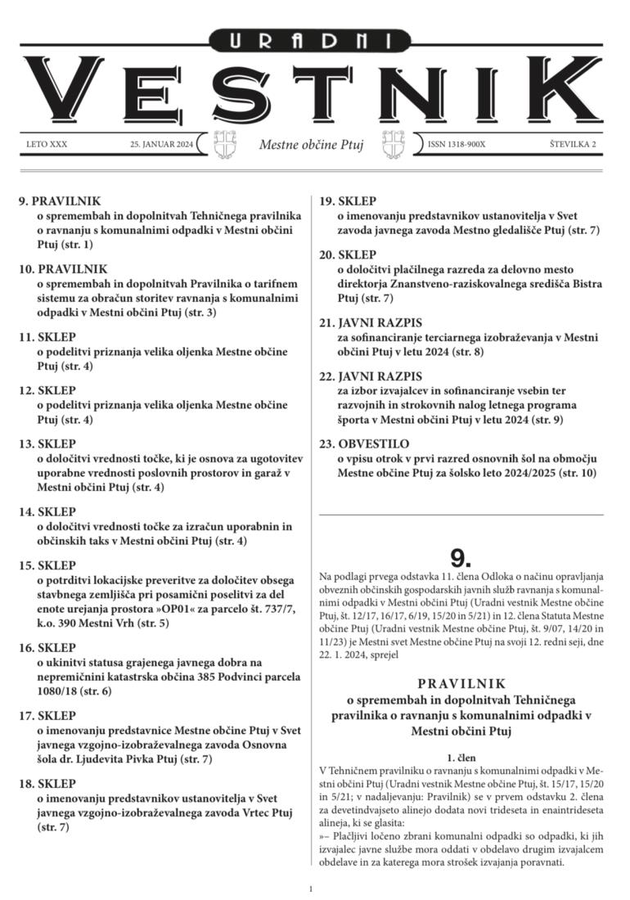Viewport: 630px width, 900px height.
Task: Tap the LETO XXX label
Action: [47, 145]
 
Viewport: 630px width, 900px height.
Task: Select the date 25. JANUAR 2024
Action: [161, 145]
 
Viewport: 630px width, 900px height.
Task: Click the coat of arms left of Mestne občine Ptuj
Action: [225, 145]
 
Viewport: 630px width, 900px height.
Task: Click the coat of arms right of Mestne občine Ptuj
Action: [403, 145]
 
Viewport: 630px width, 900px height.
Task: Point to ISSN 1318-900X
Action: [456, 145]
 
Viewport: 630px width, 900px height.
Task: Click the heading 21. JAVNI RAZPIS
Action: [371, 323]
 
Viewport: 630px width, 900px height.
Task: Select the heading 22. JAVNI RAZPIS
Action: [371, 377]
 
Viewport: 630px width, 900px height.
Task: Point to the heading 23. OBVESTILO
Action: [364, 445]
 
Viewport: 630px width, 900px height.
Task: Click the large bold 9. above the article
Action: [461, 558]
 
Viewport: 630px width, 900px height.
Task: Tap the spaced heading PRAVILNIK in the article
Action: [461, 682]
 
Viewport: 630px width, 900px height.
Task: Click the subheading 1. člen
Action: [461, 758]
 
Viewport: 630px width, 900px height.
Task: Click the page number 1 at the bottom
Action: [311, 889]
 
